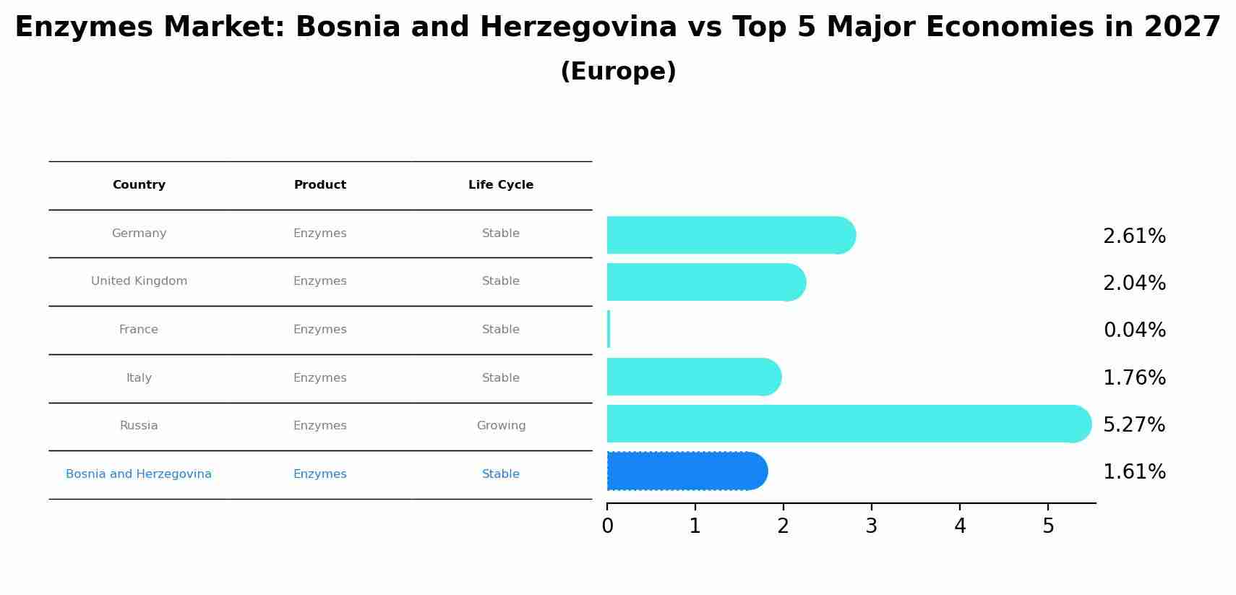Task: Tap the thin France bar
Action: pos(609,330)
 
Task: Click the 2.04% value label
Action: pos(1134,283)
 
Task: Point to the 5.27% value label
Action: pos(1134,425)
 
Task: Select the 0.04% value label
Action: pos(1134,330)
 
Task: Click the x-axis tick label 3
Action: pos(871,526)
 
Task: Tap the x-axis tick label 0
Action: pos(607,526)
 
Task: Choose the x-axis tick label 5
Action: pos(1048,526)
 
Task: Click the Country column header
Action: pos(139,185)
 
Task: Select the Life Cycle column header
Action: pos(501,185)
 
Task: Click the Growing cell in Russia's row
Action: pos(501,426)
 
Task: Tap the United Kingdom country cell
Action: pos(139,281)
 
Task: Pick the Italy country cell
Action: pos(139,378)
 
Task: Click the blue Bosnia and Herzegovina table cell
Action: pos(139,474)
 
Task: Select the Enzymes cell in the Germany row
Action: pos(319,234)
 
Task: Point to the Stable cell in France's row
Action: pos(501,330)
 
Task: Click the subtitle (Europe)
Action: pos(618,72)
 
